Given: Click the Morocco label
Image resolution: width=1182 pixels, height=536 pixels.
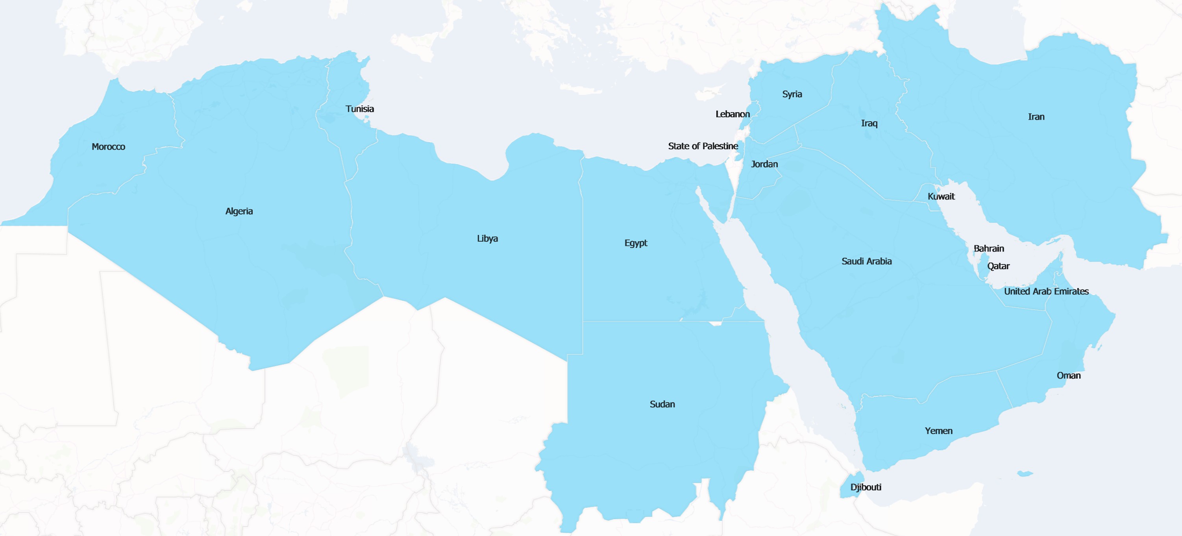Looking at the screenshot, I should [x=108, y=147].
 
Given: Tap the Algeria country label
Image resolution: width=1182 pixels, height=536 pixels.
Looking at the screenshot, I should [x=239, y=211].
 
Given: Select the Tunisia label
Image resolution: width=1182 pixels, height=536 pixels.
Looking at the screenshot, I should [x=360, y=109].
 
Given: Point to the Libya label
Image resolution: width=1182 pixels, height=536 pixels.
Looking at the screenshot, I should [x=487, y=238].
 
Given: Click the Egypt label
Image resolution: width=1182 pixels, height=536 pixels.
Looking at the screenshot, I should [x=636, y=243].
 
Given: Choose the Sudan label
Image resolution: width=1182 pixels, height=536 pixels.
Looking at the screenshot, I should [x=662, y=404].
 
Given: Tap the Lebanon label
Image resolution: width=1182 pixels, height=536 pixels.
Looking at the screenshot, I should [x=733, y=114].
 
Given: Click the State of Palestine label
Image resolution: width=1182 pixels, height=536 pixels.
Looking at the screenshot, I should [x=703, y=146].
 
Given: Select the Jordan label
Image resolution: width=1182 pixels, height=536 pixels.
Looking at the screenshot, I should [x=764, y=164].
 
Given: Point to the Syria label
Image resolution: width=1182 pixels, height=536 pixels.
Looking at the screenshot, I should [x=792, y=94].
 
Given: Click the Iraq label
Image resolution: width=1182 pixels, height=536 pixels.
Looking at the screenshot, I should [x=869, y=124].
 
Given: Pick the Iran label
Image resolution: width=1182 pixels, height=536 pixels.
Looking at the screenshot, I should [x=1036, y=117].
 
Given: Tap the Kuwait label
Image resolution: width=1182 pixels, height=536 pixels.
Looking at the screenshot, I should [x=941, y=196].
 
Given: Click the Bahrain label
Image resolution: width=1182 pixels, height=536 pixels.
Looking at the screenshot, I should [x=989, y=248].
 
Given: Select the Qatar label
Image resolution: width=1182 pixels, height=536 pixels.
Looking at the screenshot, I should [x=999, y=266].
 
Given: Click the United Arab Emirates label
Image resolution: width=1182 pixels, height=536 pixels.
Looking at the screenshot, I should [x=1046, y=291].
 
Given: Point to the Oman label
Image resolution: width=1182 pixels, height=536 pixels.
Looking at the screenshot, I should [x=1069, y=375].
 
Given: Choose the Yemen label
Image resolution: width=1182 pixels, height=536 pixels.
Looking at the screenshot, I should [x=939, y=431].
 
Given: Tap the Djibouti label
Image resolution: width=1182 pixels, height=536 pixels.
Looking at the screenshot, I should [x=866, y=487].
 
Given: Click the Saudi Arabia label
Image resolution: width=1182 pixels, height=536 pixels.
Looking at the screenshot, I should [x=866, y=262].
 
